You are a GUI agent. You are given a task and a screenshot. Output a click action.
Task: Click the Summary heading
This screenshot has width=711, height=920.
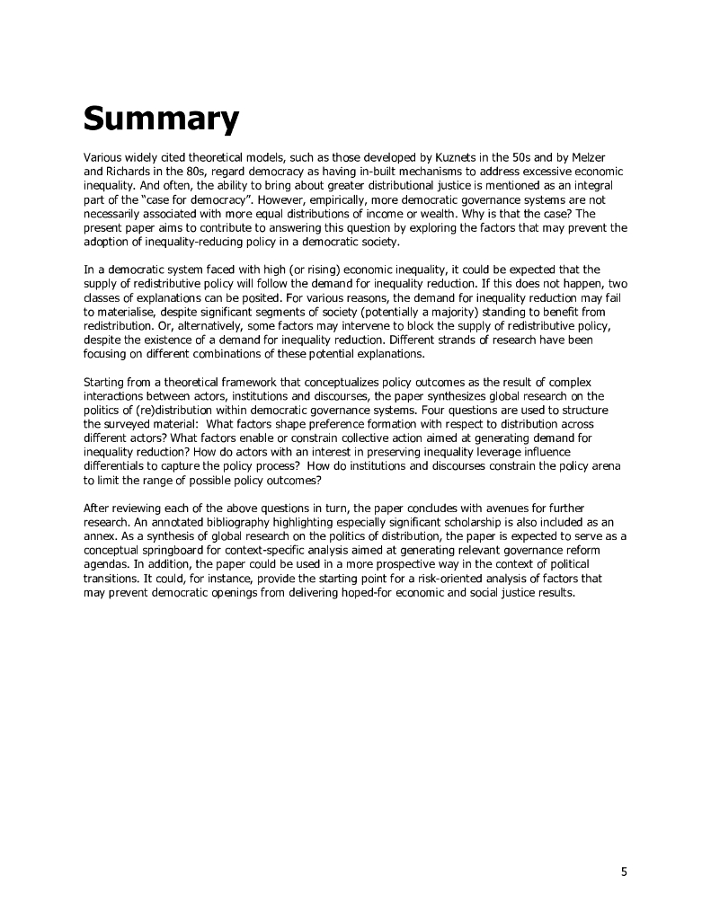(x=161, y=118)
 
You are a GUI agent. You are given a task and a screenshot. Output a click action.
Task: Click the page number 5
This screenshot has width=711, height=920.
(x=624, y=871)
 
